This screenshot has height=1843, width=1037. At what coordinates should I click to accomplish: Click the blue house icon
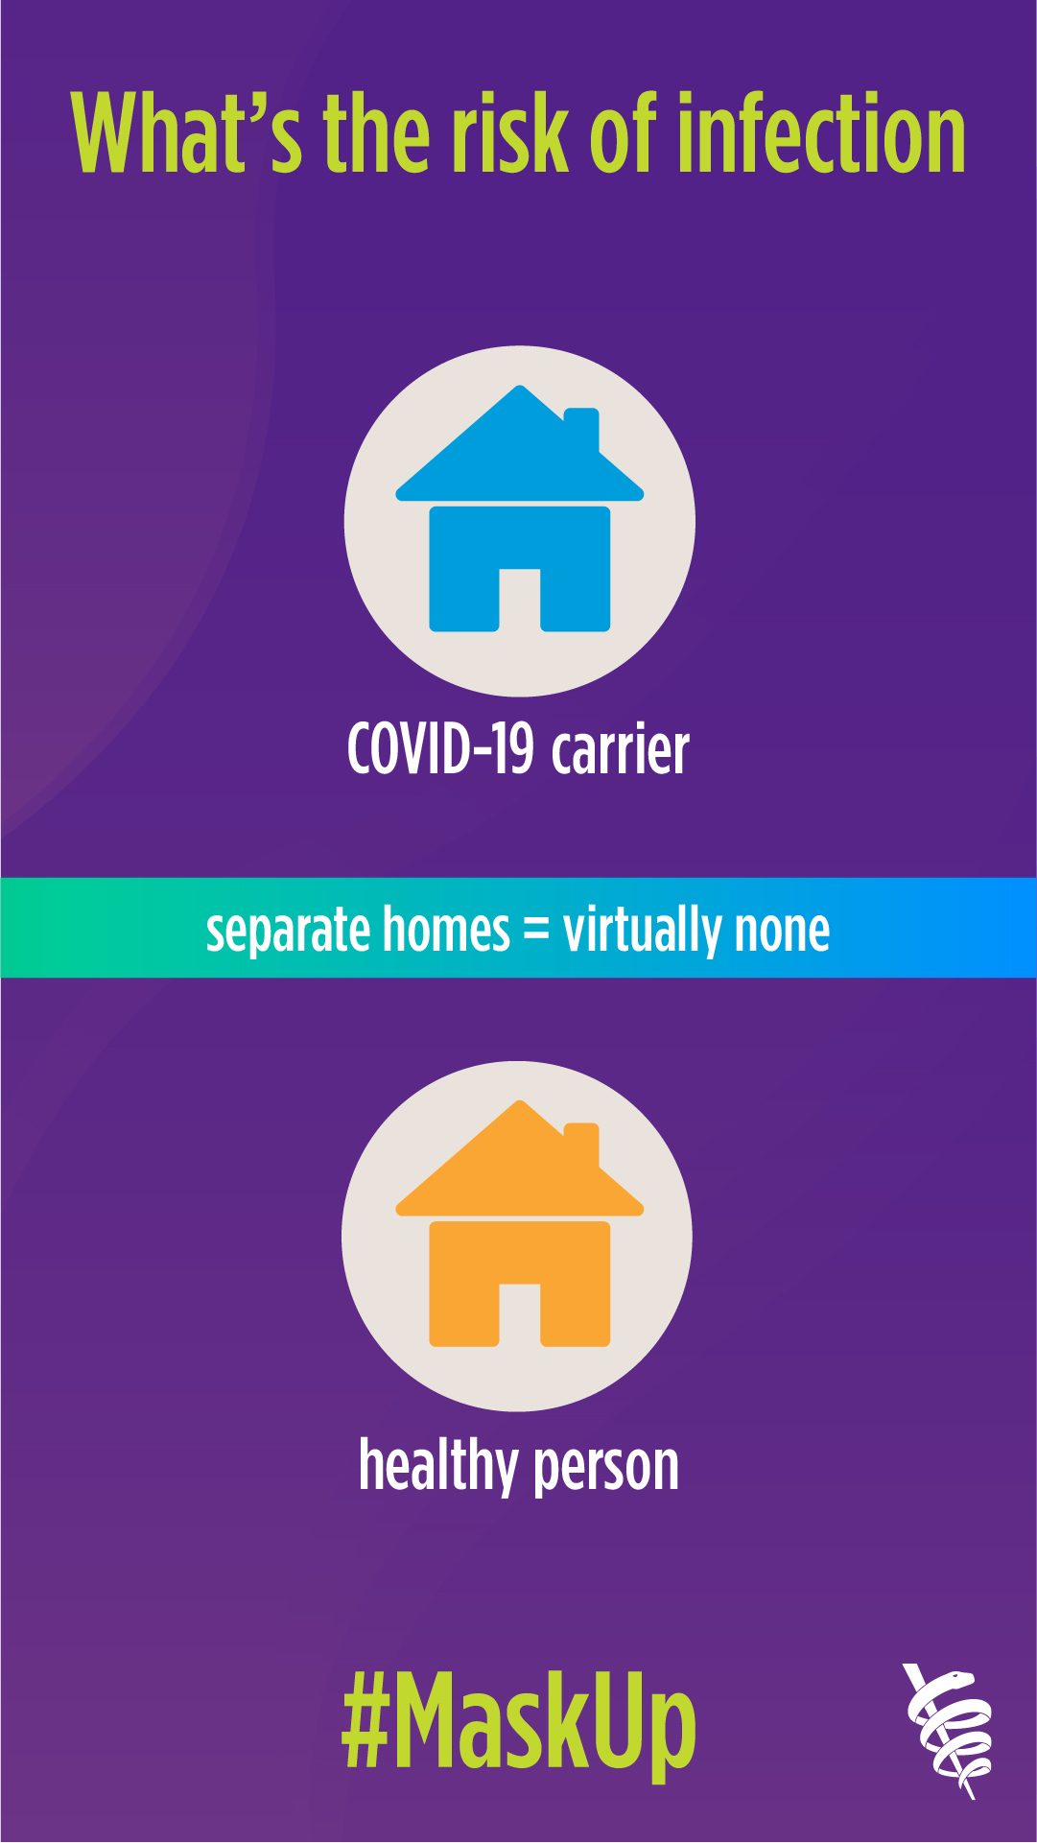(x=520, y=508)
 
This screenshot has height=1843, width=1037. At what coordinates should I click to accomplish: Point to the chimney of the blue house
(x=581, y=429)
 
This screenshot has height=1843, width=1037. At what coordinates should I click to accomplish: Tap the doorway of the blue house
(x=520, y=601)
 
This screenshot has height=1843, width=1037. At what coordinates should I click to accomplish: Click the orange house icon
(x=520, y=1223)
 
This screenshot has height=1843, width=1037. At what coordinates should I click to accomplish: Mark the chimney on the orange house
(x=581, y=1144)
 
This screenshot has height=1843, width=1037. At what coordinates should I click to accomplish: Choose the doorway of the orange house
(x=520, y=1315)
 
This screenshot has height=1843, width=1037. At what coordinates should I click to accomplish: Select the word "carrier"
(x=621, y=749)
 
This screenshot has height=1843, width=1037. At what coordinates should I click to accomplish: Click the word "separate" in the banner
(x=288, y=932)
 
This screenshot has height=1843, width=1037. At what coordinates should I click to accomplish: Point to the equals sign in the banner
(x=536, y=930)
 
